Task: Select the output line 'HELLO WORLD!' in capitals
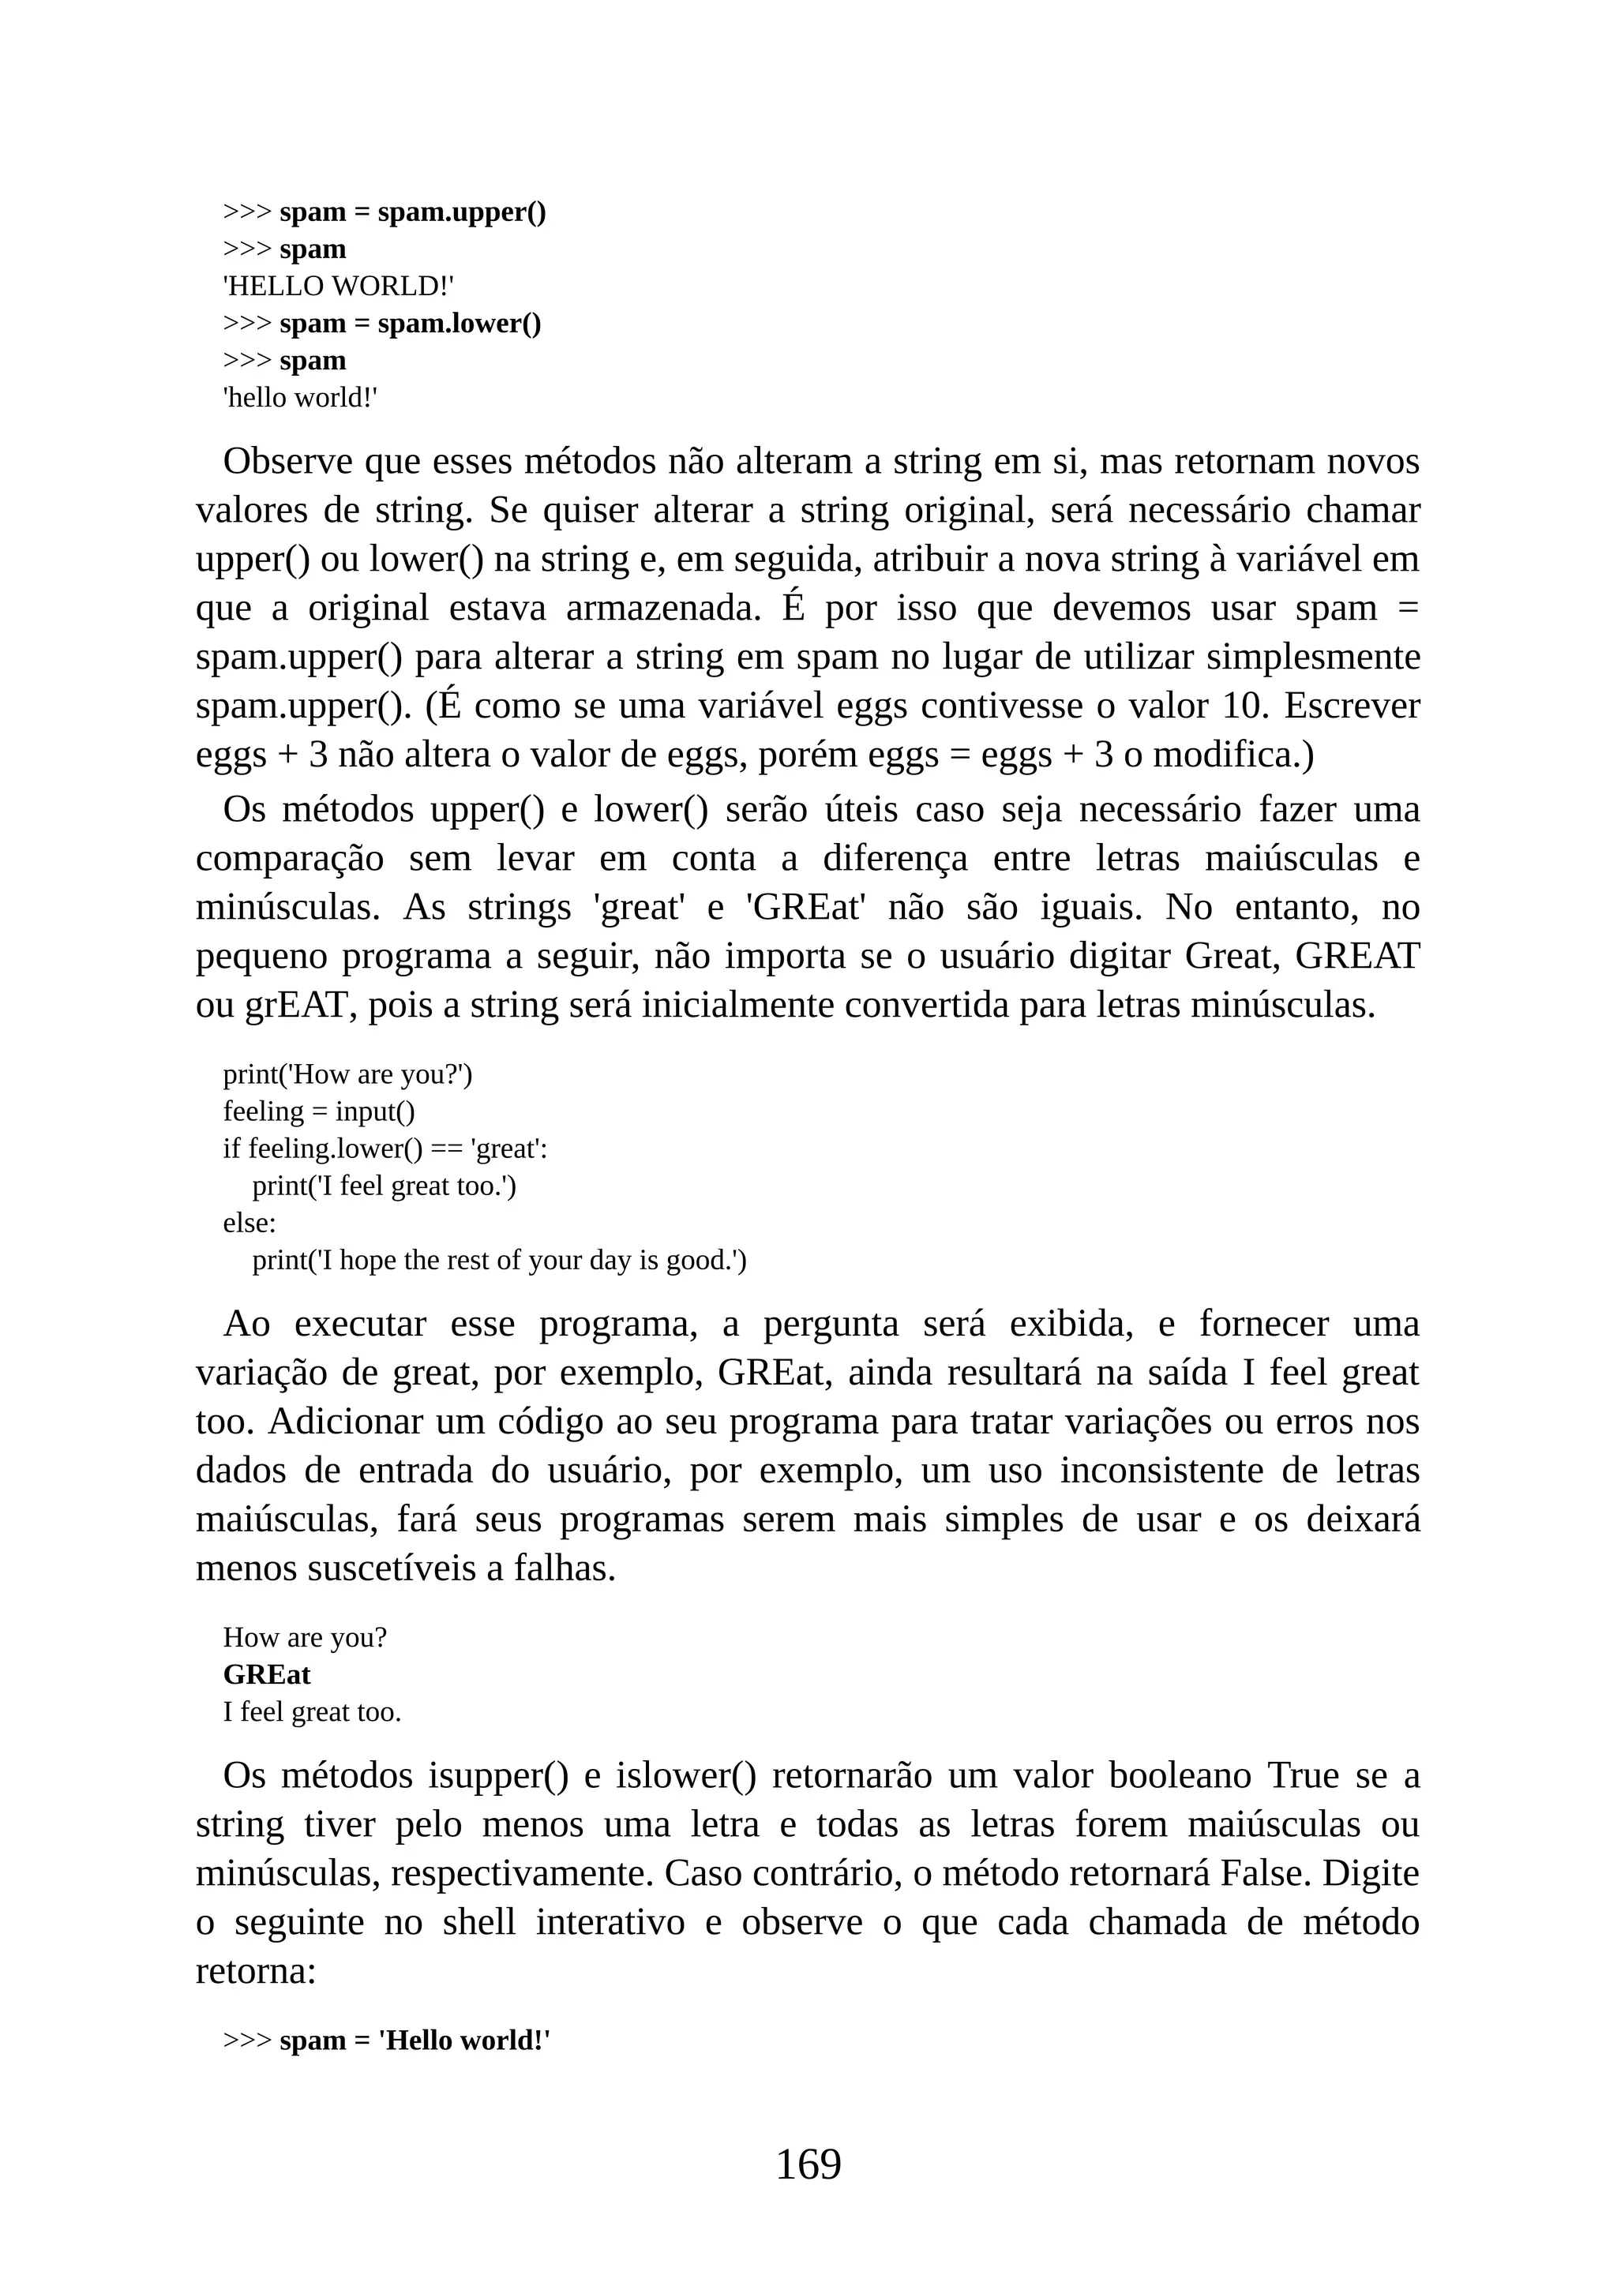pyautogui.click(x=339, y=287)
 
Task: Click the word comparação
pyautogui.click(x=290, y=858)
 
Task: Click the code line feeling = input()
pyautogui.click(x=319, y=1111)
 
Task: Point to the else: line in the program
pyautogui.click(x=249, y=1223)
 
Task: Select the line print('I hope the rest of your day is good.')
pyautogui.click(x=499, y=1261)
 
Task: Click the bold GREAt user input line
pyautogui.click(x=267, y=1675)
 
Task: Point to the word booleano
pyautogui.click(x=1179, y=1776)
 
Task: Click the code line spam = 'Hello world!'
pyautogui.click(x=415, y=2041)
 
